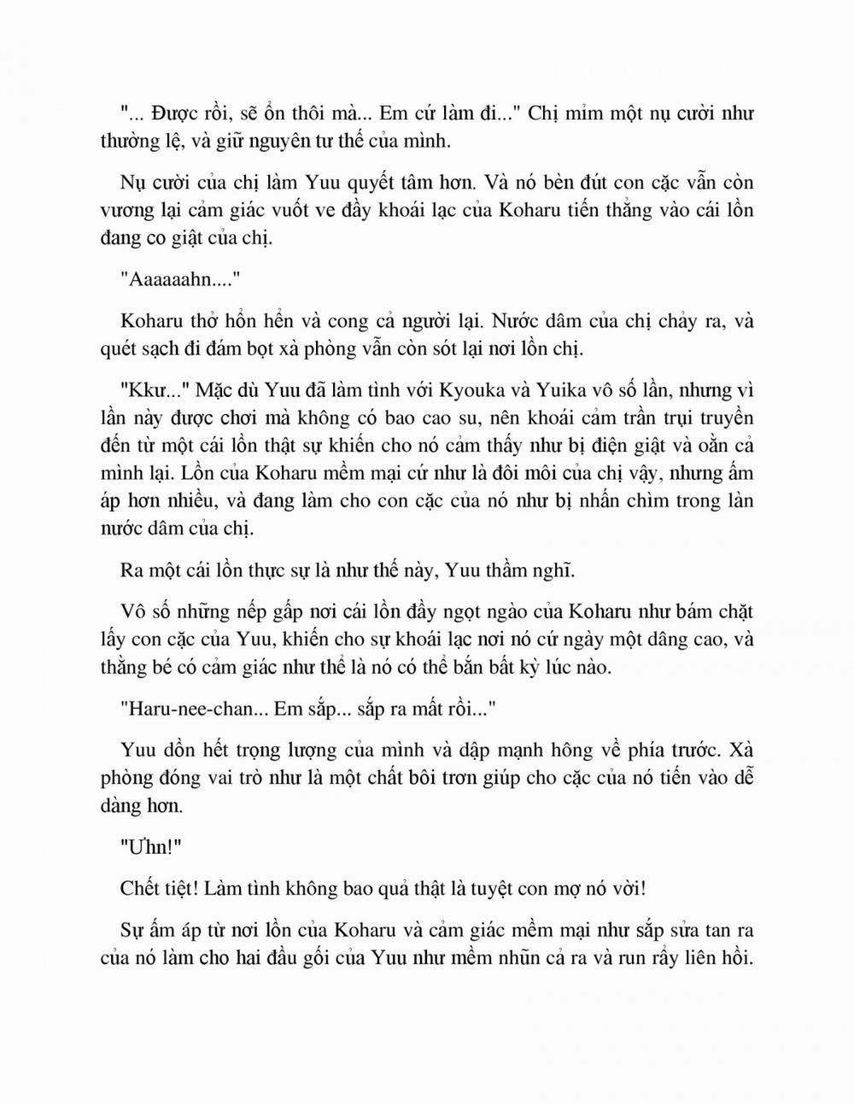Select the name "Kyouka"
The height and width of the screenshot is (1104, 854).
474,391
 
